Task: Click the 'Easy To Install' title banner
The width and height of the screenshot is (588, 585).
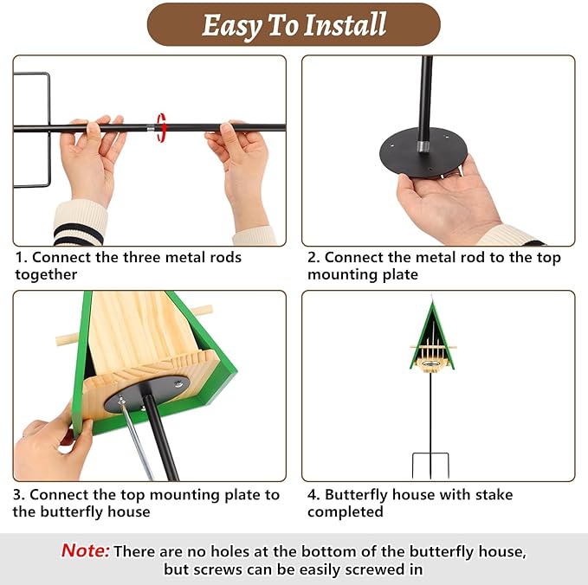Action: pos(294,24)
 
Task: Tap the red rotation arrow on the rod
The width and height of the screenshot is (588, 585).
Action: pos(161,126)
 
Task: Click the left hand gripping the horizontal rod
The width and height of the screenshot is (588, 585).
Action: pos(91,156)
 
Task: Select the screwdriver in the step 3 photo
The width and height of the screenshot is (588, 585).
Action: pos(136,437)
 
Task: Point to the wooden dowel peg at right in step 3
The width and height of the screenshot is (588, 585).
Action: pos(201,310)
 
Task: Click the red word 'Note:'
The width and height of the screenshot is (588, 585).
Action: pos(85,551)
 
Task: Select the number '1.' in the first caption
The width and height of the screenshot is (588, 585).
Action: pos(21,258)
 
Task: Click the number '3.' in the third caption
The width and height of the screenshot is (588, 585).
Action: pos(19,495)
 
